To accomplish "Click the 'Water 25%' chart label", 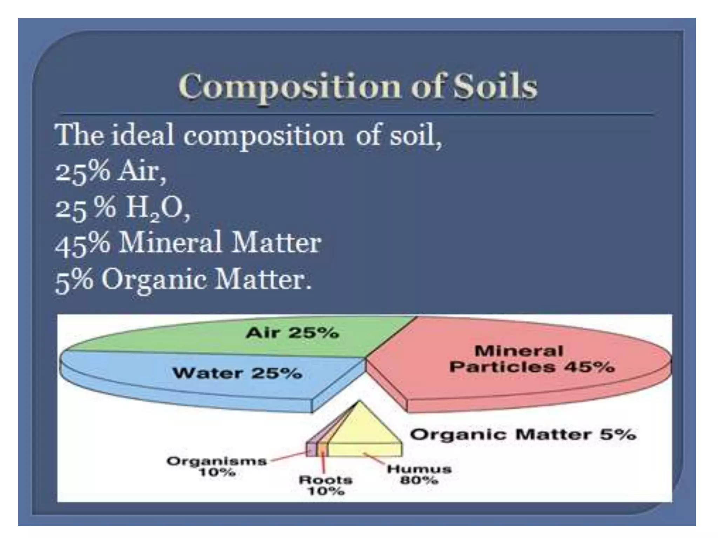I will (237, 373).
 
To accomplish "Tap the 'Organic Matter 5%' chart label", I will (523, 435).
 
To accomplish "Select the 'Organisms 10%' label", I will (217, 466).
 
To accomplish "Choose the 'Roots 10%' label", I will (325, 485).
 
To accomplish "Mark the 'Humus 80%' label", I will (419, 474).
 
